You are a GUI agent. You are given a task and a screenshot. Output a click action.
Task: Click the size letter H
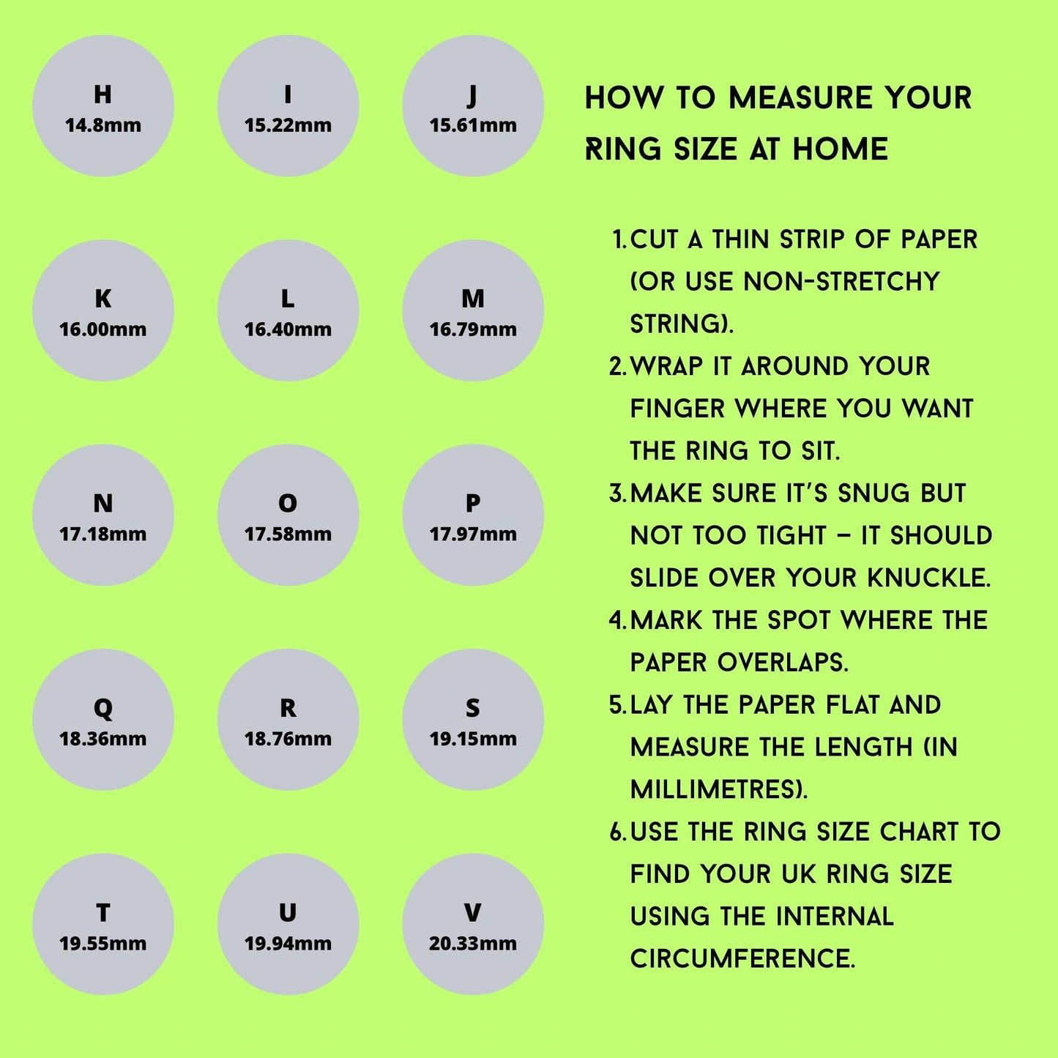[x=103, y=94]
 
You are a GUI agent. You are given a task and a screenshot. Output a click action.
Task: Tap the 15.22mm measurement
[x=288, y=125]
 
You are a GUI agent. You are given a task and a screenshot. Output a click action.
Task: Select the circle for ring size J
[x=473, y=106]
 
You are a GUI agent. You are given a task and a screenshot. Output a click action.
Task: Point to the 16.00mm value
[x=103, y=329]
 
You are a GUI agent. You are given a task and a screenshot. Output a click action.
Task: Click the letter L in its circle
[x=288, y=299]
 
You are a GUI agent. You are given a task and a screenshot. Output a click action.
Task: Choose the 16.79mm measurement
[x=473, y=329]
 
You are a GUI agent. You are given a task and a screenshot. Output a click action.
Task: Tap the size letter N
[x=103, y=504]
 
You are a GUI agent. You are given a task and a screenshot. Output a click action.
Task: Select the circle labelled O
[x=288, y=515]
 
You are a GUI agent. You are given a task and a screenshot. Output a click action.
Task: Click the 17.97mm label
[x=473, y=534]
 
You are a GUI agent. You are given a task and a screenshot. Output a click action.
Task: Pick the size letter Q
[x=103, y=709]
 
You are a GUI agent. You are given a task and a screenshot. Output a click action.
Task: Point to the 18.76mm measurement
[x=288, y=739]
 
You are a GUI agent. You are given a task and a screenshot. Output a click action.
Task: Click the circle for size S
[x=473, y=720]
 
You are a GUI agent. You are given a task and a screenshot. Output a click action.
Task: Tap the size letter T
[x=103, y=913]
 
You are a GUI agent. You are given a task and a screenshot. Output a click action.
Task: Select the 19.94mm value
[x=288, y=944]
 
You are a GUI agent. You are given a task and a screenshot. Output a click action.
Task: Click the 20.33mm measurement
[x=473, y=944]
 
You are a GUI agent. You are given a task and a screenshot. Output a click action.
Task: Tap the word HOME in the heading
[x=841, y=149]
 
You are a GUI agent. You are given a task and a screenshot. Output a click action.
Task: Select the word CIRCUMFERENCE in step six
[x=742, y=959]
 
